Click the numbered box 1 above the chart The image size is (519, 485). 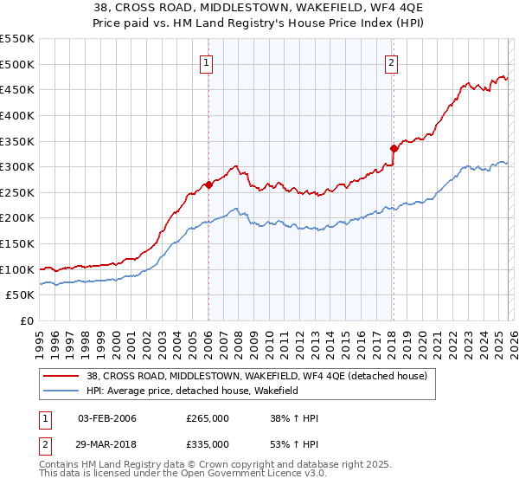click(208, 62)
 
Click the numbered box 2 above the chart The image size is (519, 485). click(392, 62)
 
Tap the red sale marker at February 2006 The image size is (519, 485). click(208, 184)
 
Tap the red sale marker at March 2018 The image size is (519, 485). click(394, 148)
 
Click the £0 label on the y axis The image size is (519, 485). click(26, 320)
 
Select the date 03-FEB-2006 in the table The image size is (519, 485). click(107, 418)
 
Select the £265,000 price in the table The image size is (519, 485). click(208, 418)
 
